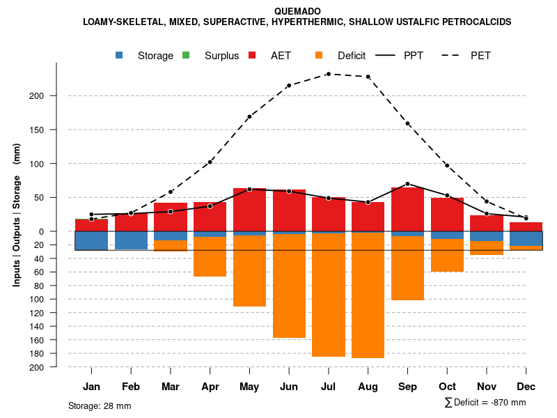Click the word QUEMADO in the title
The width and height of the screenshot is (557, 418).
click(x=297, y=11)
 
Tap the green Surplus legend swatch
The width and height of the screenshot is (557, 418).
click(x=186, y=55)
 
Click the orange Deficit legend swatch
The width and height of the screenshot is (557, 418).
click(x=319, y=55)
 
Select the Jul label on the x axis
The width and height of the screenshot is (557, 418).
click(x=328, y=387)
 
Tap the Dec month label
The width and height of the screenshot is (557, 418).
click(x=526, y=387)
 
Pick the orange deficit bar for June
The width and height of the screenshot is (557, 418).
click(x=289, y=286)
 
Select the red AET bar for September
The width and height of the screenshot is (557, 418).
click(x=407, y=209)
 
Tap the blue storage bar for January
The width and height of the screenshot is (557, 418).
click(x=91, y=240)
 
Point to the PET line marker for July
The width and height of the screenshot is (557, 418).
click(x=328, y=74)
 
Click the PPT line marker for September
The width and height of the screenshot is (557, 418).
click(x=407, y=184)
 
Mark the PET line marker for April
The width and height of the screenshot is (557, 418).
click(x=210, y=162)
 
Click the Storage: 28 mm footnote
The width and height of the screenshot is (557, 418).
click(x=100, y=405)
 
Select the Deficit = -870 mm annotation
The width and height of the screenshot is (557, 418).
click(x=485, y=402)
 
